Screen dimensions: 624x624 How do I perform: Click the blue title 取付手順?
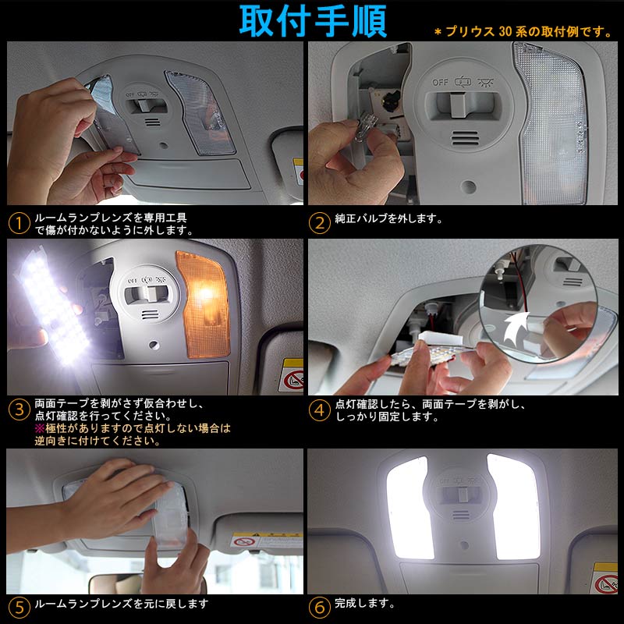coord(312,21)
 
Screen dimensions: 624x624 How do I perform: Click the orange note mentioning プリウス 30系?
coord(522,31)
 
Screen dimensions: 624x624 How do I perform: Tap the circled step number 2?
coord(320,223)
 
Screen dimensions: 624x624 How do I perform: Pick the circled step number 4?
coord(320,409)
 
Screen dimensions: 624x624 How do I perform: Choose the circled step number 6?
coord(320,604)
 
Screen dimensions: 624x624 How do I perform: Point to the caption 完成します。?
coord(364,604)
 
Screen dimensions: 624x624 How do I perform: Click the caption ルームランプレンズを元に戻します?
coord(121,604)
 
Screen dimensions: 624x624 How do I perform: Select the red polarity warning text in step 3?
coord(133,434)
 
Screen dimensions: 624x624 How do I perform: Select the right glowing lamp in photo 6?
coord(516,507)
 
